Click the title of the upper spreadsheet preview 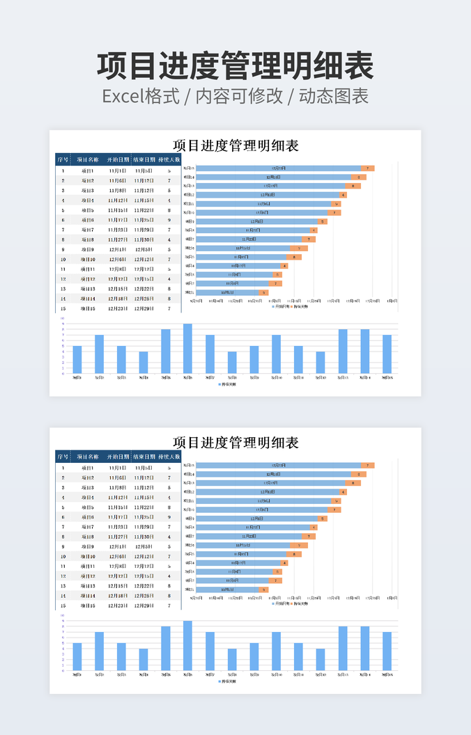235,145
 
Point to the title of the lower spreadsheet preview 235,442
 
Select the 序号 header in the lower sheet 63,457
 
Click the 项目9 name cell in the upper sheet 88,249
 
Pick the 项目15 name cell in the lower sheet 88,606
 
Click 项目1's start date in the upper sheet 117,171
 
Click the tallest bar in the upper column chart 187,348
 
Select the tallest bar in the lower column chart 187,645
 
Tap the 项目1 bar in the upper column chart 77,359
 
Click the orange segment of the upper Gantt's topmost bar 368,168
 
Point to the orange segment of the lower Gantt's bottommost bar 263,590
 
